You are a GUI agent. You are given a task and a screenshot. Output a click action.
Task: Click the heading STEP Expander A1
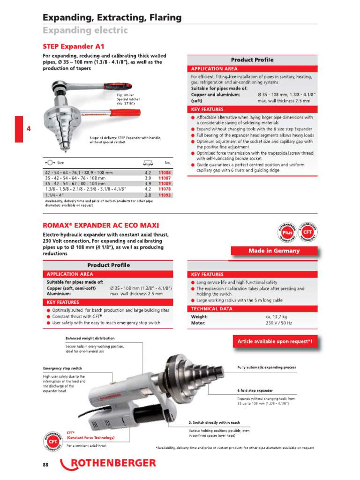[x=74, y=46]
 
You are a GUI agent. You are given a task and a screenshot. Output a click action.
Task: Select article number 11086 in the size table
[x=164, y=173]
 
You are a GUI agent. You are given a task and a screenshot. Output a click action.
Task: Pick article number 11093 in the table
[x=164, y=195]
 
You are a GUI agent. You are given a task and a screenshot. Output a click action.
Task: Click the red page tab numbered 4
[x=19, y=128]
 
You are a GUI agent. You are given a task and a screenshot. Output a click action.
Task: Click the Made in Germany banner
[x=274, y=251]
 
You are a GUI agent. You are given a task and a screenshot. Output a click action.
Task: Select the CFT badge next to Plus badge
[x=307, y=232]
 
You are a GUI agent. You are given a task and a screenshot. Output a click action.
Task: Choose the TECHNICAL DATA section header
[x=211, y=308]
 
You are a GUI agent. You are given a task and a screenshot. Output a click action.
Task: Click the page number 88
[x=45, y=464]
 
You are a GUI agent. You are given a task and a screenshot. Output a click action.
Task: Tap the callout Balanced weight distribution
[x=90, y=338]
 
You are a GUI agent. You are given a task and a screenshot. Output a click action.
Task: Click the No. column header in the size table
[x=167, y=163]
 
